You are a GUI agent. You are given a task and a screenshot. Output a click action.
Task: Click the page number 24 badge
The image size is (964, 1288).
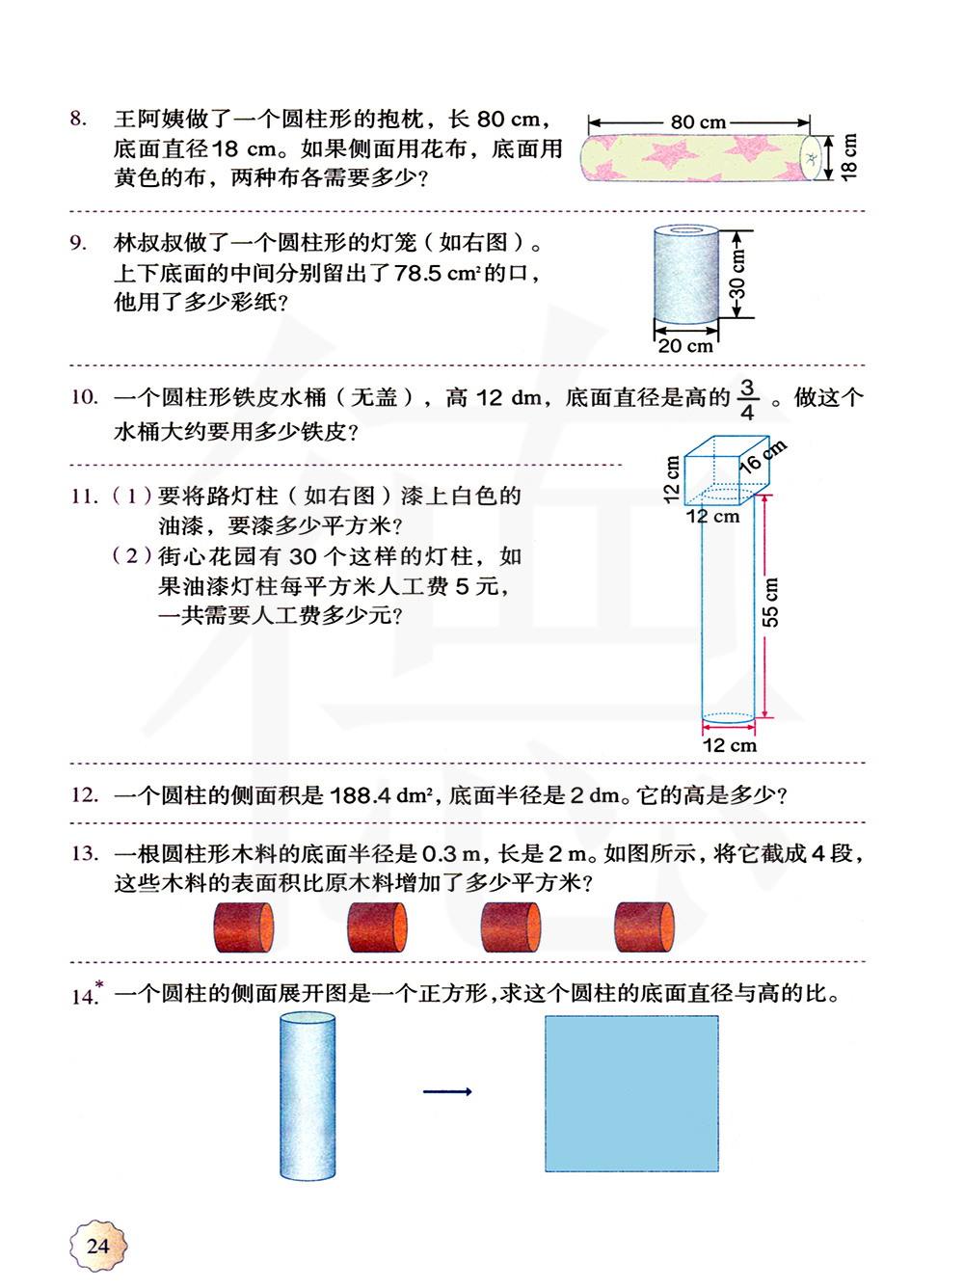coord(98,1246)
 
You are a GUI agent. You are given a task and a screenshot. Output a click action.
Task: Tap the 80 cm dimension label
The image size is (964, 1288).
coord(698,122)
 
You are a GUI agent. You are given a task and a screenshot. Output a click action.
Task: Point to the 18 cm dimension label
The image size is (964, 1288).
coord(848,156)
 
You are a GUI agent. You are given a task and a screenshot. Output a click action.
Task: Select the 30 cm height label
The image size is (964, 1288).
coord(737,275)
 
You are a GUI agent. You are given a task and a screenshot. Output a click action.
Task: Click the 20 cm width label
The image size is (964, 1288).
coord(685,346)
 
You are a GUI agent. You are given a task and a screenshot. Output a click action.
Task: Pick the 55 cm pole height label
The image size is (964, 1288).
coord(770,602)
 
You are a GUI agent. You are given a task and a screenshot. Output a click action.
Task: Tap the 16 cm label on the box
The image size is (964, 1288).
coord(763,456)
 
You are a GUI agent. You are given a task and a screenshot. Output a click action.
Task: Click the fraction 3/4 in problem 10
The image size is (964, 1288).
coord(747,399)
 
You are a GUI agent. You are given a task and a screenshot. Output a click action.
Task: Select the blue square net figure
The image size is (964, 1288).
coord(631,1093)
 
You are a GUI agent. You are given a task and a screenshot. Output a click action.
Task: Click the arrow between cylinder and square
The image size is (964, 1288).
coord(447,1091)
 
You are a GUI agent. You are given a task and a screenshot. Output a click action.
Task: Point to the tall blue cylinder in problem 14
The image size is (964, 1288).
coord(308,1097)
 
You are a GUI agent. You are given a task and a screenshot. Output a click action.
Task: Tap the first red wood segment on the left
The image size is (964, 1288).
coord(243,927)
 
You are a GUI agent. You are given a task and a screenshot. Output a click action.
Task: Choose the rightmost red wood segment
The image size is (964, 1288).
coord(643,927)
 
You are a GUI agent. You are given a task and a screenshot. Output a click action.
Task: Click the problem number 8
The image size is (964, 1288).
coord(78,119)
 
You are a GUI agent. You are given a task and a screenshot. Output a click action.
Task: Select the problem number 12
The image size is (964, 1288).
coord(84,794)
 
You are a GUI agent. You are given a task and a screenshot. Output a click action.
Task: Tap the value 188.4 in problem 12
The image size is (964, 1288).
coord(360,795)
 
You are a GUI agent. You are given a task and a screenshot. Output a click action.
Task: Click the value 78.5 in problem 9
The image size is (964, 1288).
coord(418,273)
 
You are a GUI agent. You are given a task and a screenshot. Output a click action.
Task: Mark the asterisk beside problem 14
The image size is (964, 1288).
coord(99,984)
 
